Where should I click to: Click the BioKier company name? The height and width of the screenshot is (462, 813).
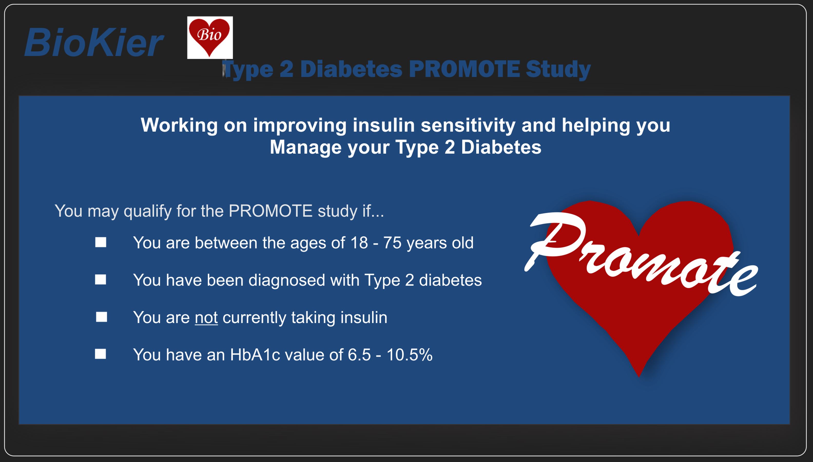point(94,43)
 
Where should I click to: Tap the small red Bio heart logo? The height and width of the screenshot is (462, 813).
point(210,37)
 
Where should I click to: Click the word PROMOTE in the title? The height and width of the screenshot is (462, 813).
point(464,69)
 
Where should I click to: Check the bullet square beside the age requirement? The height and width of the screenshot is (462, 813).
point(101,243)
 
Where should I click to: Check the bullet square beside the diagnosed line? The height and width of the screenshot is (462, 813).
point(101,279)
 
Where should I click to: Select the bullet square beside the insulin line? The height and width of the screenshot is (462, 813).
point(102,317)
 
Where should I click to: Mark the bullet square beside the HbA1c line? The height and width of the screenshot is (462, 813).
point(100,354)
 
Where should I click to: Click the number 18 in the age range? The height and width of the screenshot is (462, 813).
point(359,243)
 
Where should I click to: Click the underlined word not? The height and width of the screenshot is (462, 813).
point(206,318)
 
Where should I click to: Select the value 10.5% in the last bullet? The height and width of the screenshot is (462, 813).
point(409,355)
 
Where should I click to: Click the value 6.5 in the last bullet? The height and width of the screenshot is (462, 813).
point(359,355)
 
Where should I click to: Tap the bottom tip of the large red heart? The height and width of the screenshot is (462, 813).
point(639,377)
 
